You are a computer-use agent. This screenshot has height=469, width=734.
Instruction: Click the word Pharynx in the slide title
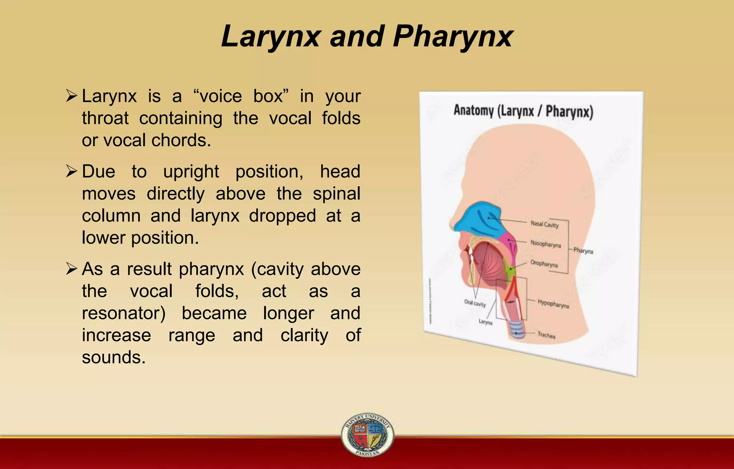point(453,37)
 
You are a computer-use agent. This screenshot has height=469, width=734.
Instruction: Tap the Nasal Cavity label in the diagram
point(544,224)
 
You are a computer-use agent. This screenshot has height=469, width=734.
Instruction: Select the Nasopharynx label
point(545,244)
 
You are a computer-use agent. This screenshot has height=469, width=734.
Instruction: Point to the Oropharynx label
point(544,264)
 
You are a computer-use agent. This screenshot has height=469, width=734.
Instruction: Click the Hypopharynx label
point(553,304)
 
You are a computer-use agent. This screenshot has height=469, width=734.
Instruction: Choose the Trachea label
point(546,335)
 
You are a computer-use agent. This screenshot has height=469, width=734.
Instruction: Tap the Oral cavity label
point(475,303)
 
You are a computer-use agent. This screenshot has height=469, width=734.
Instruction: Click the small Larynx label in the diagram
point(486,322)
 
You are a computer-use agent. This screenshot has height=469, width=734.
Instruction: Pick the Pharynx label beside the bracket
point(583,251)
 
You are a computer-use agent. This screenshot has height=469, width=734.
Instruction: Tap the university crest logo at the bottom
point(367,434)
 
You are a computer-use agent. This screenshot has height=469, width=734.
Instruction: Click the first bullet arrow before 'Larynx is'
point(72,96)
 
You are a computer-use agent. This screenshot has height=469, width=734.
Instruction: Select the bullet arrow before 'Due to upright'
point(72,171)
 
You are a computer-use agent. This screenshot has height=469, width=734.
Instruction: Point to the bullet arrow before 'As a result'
point(72,269)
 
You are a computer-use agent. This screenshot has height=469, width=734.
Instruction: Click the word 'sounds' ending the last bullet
point(114,357)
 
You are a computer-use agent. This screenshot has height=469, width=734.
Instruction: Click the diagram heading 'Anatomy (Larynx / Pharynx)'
point(523,111)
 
